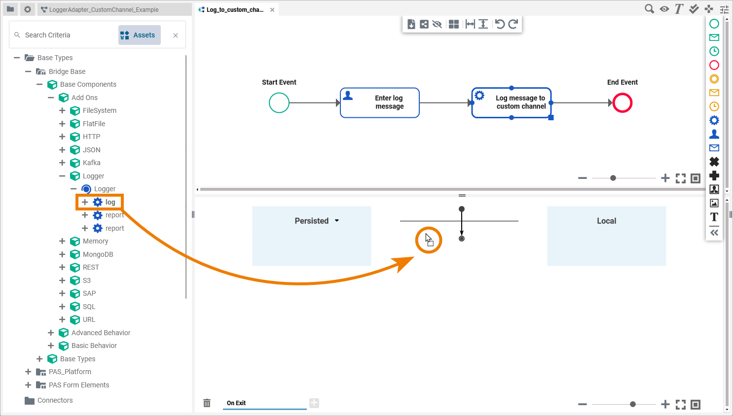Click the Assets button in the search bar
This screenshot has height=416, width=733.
(x=139, y=35)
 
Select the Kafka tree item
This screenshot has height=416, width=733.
(x=91, y=163)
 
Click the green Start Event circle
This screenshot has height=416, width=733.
(x=279, y=103)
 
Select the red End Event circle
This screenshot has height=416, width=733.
(x=623, y=103)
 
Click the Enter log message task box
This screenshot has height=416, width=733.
(x=380, y=103)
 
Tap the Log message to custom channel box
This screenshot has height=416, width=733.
(x=512, y=103)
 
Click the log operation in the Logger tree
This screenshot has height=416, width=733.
(x=110, y=202)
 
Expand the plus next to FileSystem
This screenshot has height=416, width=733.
(x=62, y=110)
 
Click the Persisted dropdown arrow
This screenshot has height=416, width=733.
(x=337, y=221)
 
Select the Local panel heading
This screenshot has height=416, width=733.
(x=606, y=221)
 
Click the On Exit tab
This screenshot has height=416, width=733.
(x=236, y=403)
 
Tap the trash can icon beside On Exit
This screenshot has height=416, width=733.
(x=207, y=403)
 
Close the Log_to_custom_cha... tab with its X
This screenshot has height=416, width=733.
(x=272, y=10)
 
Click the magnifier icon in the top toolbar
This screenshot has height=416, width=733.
(x=649, y=9)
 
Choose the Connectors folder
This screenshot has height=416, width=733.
(x=55, y=400)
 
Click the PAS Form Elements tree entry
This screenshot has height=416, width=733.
(x=79, y=385)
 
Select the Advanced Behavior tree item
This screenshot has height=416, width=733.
(x=101, y=333)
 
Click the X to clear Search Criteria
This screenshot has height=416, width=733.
(x=176, y=35)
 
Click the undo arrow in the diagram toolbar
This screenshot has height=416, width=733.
(x=500, y=24)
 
